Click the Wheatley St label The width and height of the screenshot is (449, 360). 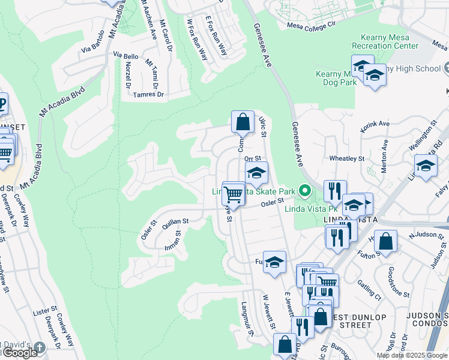click(347, 158)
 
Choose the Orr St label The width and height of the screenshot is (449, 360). click(251, 158)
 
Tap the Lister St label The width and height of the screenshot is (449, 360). click(45, 312)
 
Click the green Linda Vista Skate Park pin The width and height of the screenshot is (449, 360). click(305, 191)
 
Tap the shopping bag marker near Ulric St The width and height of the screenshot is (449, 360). click(242, 122)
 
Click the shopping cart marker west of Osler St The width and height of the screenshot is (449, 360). click(233, 193)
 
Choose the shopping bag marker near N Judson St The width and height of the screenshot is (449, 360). click(388, 242)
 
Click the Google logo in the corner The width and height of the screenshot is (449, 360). click(20, 353)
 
